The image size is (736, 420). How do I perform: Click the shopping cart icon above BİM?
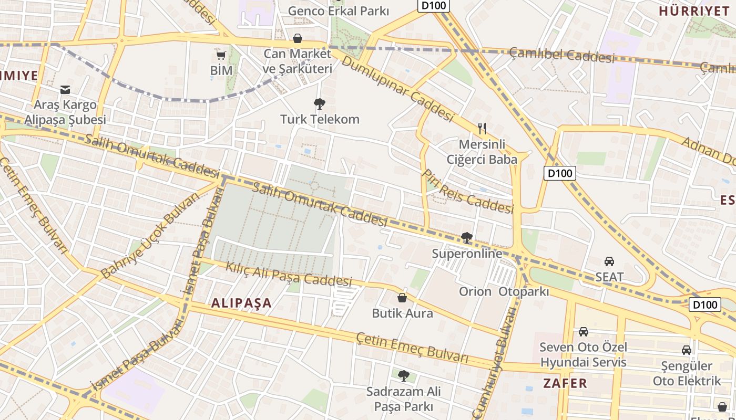[221, 55]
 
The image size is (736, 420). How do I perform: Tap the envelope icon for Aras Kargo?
[65, 90]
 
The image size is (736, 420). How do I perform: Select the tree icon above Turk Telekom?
[319, 103]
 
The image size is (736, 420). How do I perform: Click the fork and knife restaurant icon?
[482, 128]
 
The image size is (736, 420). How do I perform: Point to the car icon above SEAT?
[609, 261]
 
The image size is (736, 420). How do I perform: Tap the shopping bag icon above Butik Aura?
[402, 298]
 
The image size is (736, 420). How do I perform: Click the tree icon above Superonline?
[466, 238]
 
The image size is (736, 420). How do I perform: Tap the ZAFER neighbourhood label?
[565, 383]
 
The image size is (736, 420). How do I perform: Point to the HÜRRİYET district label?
[694, 11]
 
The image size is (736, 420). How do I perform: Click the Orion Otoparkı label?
[504, 291]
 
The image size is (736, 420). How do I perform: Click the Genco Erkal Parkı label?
[339, 10]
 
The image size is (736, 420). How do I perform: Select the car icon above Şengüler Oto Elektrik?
[686, 350]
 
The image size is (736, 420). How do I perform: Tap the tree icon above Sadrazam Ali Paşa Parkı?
[403, 375]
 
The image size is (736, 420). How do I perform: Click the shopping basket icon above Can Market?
[298, 38]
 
